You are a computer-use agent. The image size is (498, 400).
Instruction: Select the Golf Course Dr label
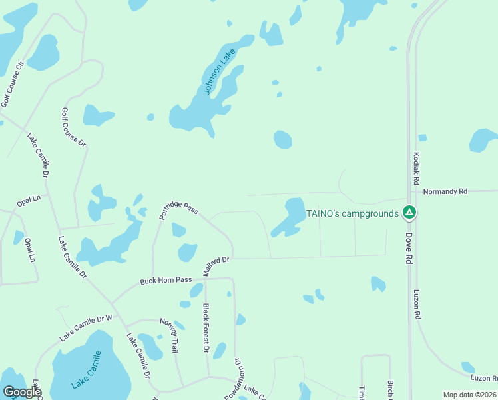pyautogui.click(x=74, y=127)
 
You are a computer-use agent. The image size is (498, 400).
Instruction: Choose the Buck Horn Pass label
pyautogui.click(x=166, y=281)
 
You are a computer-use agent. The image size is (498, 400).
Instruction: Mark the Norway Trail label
pyautogui.click(x=170, y=335)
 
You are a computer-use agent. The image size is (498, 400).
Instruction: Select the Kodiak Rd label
pyautogui.click(x=416, y=167)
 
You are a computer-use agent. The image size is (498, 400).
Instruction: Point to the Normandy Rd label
pyautogui.click(x=445, y=191)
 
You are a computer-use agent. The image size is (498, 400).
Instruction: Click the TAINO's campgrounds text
pyautogui.click(x=352, y=213)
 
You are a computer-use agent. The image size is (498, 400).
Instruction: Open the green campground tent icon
pyautogui.click(x=409, y=213)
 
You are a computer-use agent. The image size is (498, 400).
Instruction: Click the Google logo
pyautogui.click(x=22, y=392)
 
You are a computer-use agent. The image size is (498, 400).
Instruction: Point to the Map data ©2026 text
pyautogui.click(x=469, y=395)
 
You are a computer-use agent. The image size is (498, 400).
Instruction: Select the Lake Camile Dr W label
pyautogui.click(x=86, y=327)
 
